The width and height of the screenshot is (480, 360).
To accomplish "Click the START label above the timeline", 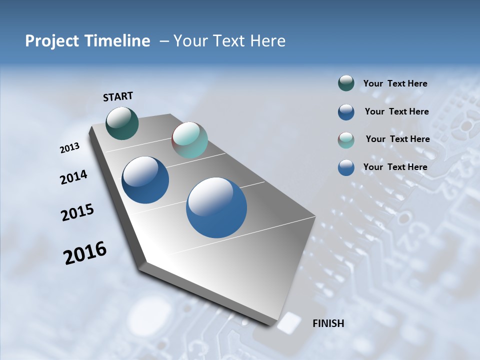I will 118,96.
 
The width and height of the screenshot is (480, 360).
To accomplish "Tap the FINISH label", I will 328,323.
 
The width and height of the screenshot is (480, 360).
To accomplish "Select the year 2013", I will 69,148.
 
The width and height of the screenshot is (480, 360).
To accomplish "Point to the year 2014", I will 73,177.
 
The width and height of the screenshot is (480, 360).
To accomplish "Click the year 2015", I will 77,212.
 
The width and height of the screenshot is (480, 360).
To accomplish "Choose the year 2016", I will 85,253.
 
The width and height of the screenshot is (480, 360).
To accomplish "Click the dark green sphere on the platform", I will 122,123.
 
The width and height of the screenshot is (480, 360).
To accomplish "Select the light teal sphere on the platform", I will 189,140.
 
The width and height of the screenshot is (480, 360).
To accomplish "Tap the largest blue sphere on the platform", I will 216,207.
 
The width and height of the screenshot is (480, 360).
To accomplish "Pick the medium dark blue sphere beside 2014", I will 145,180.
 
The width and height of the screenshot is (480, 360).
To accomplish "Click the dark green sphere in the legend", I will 346,83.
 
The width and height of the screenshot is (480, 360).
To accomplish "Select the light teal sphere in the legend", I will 346,140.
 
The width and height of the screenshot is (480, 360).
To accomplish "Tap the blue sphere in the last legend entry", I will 346,167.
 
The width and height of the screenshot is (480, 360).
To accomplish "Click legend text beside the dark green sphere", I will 395,83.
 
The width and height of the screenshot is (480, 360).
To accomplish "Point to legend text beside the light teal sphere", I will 397,139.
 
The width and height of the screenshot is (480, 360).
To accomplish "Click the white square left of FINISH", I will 287,323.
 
